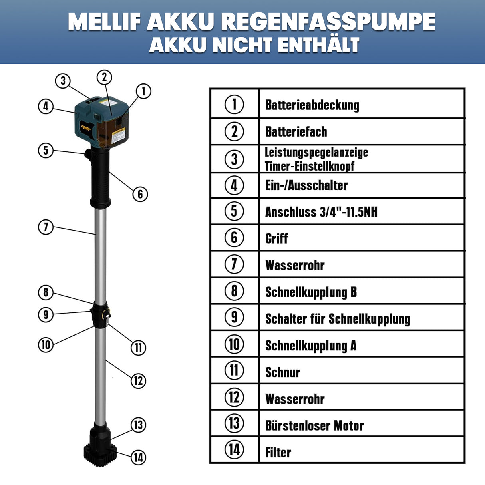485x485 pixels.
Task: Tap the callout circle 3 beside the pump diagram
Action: click(63, 81)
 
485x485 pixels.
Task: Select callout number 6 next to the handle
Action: click(140, 194)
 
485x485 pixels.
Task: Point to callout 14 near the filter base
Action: click(138, 457)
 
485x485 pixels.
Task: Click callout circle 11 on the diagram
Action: click(138, 347)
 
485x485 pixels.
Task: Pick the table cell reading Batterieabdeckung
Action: click(312, 105)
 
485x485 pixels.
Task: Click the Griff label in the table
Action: click(276, 239)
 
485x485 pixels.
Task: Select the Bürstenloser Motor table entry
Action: click(314, 425)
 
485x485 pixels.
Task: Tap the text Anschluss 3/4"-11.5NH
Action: click(321, 212)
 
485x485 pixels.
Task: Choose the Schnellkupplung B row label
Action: click(311, 292)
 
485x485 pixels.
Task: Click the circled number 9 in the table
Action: click(234, 317)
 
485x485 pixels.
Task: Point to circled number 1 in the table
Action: click(234, 104)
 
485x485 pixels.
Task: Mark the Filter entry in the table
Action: click(278, 452)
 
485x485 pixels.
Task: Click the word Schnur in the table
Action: click(282, 372)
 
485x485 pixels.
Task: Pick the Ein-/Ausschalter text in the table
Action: click(306, 185)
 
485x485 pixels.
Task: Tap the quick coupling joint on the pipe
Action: click(100, 316)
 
